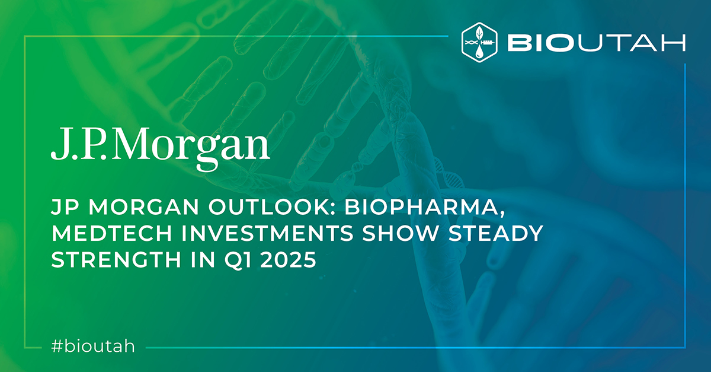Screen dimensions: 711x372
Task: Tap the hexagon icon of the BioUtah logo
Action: click(479, 42)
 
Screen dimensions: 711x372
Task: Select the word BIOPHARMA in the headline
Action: click(421, 207)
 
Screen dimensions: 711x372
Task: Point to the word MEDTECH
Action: click(112, 233)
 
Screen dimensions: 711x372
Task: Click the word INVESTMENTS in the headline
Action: click(267, 233)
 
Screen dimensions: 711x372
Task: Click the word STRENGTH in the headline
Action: click(116, 260)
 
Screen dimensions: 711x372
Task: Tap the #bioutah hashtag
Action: click(93, 346)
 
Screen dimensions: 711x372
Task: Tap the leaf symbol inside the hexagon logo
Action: click(479, 32)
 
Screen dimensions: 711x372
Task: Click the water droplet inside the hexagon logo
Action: click(479, 52)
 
